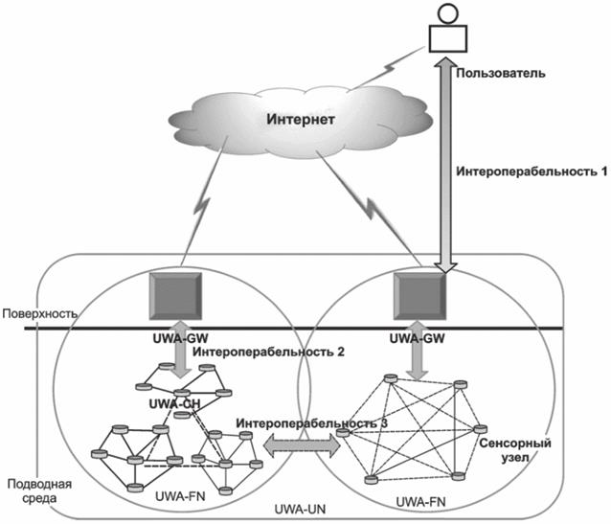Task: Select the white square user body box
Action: pos(445,36)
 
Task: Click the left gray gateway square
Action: pos(173,296)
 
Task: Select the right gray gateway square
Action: pos(421,296)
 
